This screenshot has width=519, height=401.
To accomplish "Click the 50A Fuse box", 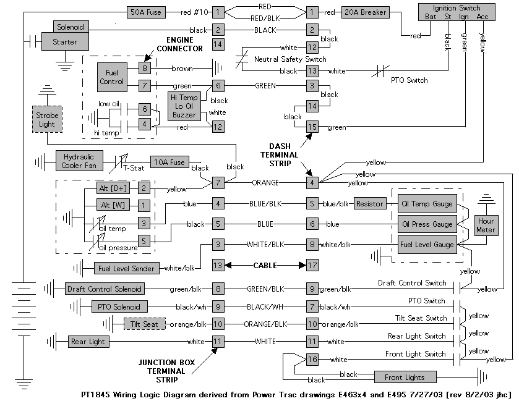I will pyautogui.click(x=146, y=12).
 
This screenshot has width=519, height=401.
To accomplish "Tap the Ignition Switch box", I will pyautogui.click(x=457, y=12).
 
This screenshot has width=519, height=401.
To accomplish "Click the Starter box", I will pyautogui.click(x=65, y=42).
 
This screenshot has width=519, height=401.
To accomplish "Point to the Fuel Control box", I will pyautogui.click(x=111, y=77).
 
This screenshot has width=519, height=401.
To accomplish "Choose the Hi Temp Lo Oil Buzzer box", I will pyautogui.click(x=184, y=106).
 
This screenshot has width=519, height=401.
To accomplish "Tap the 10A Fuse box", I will pyautogui.click(x=169, y=163).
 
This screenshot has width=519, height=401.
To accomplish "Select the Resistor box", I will pyautogui.click(x=370, y=203).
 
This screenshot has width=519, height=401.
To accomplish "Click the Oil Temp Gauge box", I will pyautogui.click(x=426, y=203).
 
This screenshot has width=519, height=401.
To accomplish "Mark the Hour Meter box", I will pyautogui.click(x=487, y=226).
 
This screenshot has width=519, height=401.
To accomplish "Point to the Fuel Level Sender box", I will pyautogui.click(x=126, y=268).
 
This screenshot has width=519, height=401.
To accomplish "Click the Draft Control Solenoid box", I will pyautogui.click(x=104, y=289).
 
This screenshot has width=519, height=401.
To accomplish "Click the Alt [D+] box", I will pyautogui.click(x=111, y=188).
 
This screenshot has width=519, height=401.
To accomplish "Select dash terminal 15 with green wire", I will pyautogui.click(x=312, y=127).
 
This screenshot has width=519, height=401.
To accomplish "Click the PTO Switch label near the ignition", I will pyautogui.click(x=409, y=80).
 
